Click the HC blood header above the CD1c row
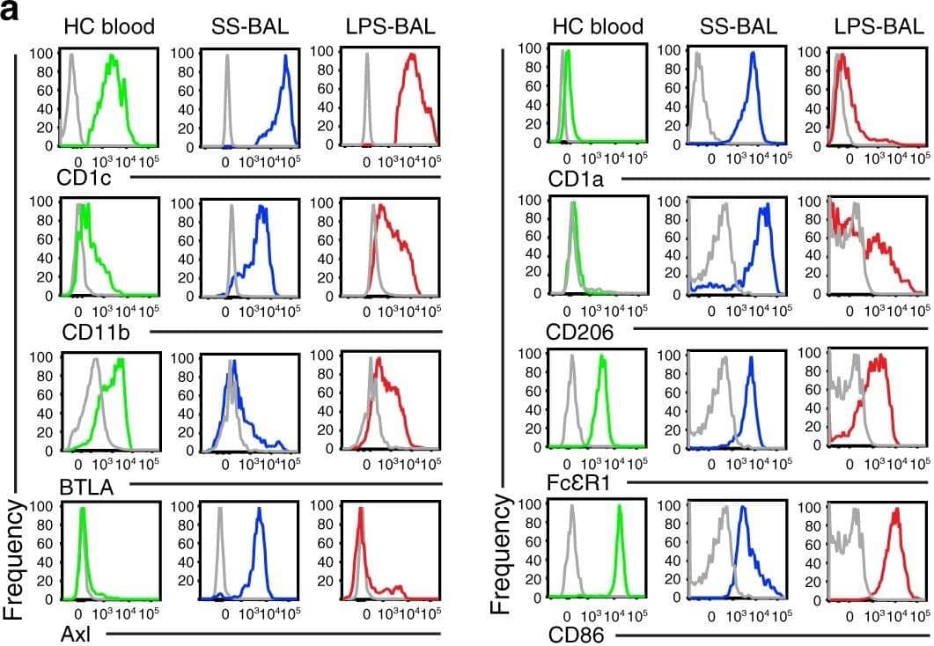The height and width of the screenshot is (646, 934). [109, 27]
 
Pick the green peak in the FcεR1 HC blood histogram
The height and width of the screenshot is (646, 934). [602, 357]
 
